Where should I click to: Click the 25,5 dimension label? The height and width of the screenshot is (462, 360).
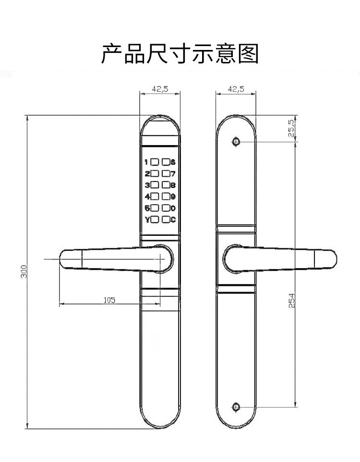(x=291, y=129)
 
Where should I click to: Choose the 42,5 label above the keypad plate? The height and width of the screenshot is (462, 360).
(x=160, y=89)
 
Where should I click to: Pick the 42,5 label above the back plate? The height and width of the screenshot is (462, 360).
(x=236, y=89)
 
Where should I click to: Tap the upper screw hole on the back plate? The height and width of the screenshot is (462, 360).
(x=235, y=142)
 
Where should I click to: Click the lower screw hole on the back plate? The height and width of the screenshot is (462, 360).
(x=235, y=407)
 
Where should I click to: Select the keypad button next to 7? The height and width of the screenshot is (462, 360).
(x=166, y=173)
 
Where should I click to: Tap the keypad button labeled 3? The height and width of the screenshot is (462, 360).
(x=156, y=185)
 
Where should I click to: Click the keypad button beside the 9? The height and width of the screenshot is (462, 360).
(x=166, y=196)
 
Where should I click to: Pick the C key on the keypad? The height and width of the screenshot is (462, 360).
(x=166, y=220)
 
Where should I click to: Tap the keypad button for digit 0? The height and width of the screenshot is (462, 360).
(x=166, y=208)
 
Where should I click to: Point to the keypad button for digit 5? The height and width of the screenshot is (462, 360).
(x=156, y=208)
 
